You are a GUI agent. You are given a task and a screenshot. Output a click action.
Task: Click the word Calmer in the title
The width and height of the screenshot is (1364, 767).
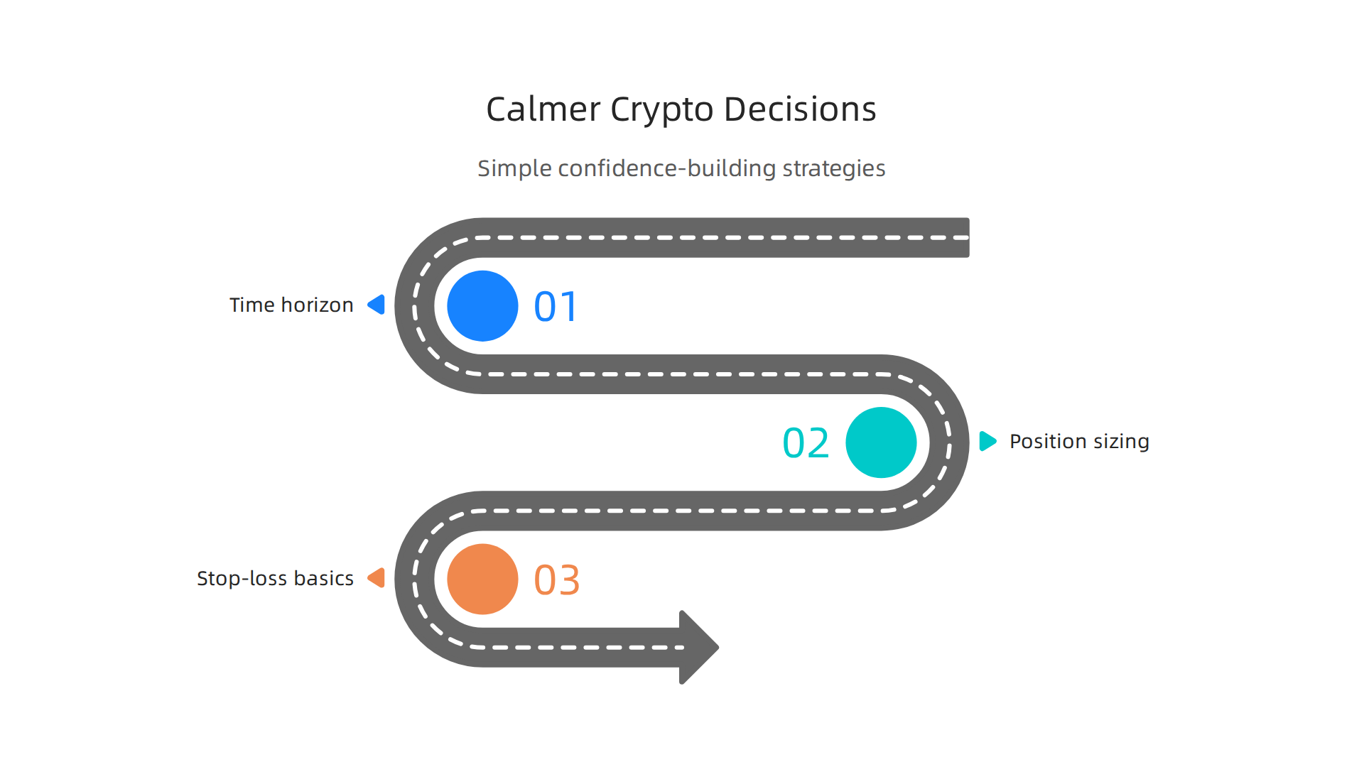pyautogui.click(x=543, y=110)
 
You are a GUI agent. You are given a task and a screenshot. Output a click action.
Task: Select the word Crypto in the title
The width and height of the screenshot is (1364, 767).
pyautogui.click(x=661, y=111)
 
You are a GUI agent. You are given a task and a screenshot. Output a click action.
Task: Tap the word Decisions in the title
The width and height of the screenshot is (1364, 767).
pyautogui.click(x=799, y=110)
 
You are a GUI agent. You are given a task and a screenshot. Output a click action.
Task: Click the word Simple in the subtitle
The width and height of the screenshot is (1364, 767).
pyautogui.click(x=514, y=169)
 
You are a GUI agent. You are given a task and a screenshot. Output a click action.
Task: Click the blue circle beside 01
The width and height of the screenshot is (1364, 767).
pyautogui.click(x=482, y=306)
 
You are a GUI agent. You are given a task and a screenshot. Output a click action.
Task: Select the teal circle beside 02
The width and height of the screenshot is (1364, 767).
pyautogui.click(x=881, y=442)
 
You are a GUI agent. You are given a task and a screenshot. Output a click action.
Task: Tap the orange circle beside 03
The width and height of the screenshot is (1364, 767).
pyautogui.click(x=482, y=580)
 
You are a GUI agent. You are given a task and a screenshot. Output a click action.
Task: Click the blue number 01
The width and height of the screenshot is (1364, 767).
pyautogui.click(x=556, y=307)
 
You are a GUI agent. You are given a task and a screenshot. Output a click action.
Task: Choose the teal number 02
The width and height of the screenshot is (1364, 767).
pyautogui.click(x=806, y=443)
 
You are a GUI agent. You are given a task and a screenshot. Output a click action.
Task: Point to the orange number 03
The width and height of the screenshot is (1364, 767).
pyautogui.click(x=557, y=580)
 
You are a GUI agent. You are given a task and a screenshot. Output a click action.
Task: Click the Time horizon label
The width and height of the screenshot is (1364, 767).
pyautogui.click(x=291, y=305)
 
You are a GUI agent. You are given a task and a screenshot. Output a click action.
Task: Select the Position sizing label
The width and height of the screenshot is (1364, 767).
pyautogui.click(x=1079, y=442)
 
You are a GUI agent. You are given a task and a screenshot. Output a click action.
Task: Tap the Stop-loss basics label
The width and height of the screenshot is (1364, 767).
pyautogui.click(x=275, y=579)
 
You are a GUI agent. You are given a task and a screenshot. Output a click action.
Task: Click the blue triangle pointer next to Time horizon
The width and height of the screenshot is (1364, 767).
pyautogui.click(x=377, y=305)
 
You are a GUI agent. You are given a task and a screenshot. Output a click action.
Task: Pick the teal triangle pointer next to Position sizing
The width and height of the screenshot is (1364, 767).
pyautogui.click(x=987, y=441)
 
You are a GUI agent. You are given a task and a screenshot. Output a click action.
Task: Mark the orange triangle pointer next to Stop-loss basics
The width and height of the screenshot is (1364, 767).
pyautogui.click(x=377, y=578)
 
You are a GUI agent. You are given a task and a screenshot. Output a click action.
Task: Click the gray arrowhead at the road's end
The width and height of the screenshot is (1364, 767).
pyautogui.click(x=697, y=647)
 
